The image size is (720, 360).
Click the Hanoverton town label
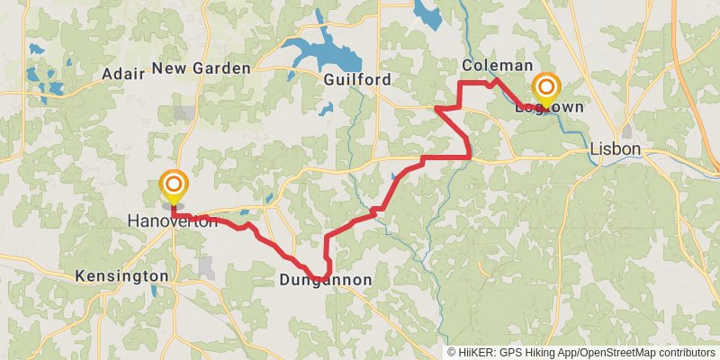tap(172, 221)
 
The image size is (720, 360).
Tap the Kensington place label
tap(121, 275)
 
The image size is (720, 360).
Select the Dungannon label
tap(325, 281)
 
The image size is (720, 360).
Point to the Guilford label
tap(357, 80)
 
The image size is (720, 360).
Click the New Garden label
tap(201, 68)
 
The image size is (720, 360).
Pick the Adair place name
tap(124, 74)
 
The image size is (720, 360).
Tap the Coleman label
tap(497, 67)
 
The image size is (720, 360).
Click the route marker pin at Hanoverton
tap(173, 187)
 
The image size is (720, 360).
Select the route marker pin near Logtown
tap(545, 89)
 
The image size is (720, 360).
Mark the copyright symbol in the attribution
tap(452, 353)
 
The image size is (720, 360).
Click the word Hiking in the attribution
tap(548, 353)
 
